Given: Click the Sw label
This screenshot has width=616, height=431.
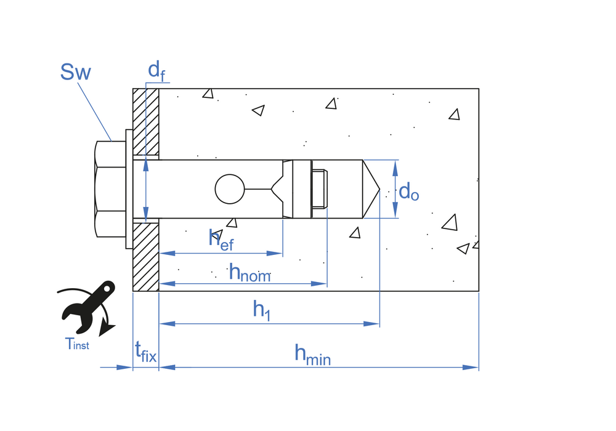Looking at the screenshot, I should coord(76,72).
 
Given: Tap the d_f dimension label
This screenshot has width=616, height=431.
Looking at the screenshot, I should coord(156,71).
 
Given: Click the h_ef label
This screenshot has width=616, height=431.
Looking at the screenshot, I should coord(221,240).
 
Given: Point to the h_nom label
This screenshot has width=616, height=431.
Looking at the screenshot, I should coord(249,272).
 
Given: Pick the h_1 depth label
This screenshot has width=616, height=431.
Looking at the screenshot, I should coord(262,310).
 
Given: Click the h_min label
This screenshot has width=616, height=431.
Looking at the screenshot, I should coord(312,354).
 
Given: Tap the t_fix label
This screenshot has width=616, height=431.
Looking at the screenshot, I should coord(145,353).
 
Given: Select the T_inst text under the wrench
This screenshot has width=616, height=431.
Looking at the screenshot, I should coord(77,345).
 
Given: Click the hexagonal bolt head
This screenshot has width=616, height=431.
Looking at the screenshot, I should coord(111,189).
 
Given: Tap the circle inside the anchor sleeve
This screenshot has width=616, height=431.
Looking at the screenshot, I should coord(230,189).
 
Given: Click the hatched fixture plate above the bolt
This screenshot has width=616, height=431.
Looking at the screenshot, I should coord(146,121).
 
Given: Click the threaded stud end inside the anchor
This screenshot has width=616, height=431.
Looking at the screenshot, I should coord(319,189).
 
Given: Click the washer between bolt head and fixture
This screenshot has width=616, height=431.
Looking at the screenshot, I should coord(129,189).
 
